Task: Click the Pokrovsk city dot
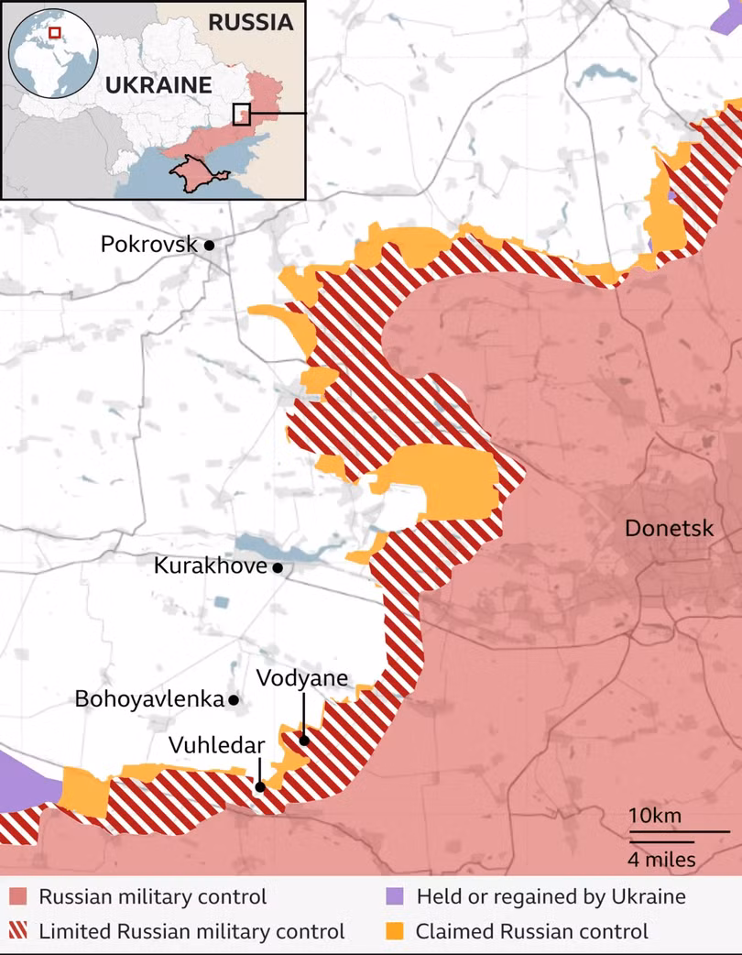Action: point(210,245)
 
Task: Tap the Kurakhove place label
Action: point(210,566)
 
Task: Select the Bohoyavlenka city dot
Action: point(234,700)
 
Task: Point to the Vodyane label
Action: point(302,678)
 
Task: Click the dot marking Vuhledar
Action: point(260,785)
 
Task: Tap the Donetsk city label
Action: point(669,528)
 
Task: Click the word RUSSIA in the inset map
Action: point(251,22)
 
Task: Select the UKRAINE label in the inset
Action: point(158,86)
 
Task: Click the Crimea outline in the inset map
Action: point(191,172)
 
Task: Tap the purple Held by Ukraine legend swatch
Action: point(394,896)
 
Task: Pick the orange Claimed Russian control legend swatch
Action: point(394,932)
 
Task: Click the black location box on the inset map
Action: point(242,114)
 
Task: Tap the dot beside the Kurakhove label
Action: point(278,567)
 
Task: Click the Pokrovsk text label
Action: point(149,245)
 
